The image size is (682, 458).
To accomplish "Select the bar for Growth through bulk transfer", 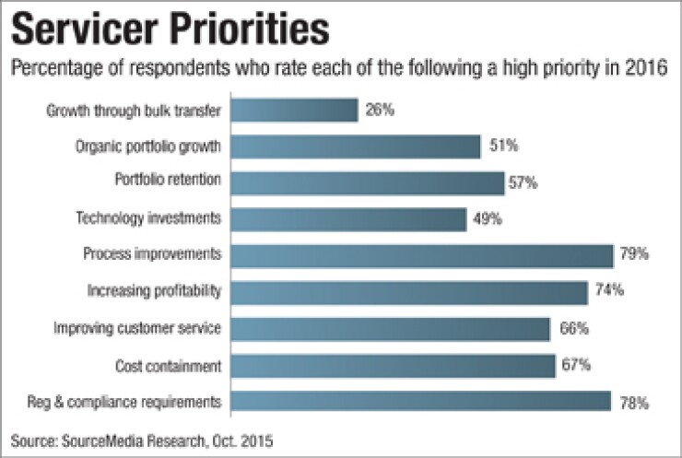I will coord(294,111).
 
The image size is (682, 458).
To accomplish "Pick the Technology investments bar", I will coord(348,219).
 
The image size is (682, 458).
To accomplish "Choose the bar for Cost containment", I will coord(393,366).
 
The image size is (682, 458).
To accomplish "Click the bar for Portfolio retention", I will coord(367,182).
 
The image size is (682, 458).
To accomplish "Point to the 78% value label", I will coord(632,403).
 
